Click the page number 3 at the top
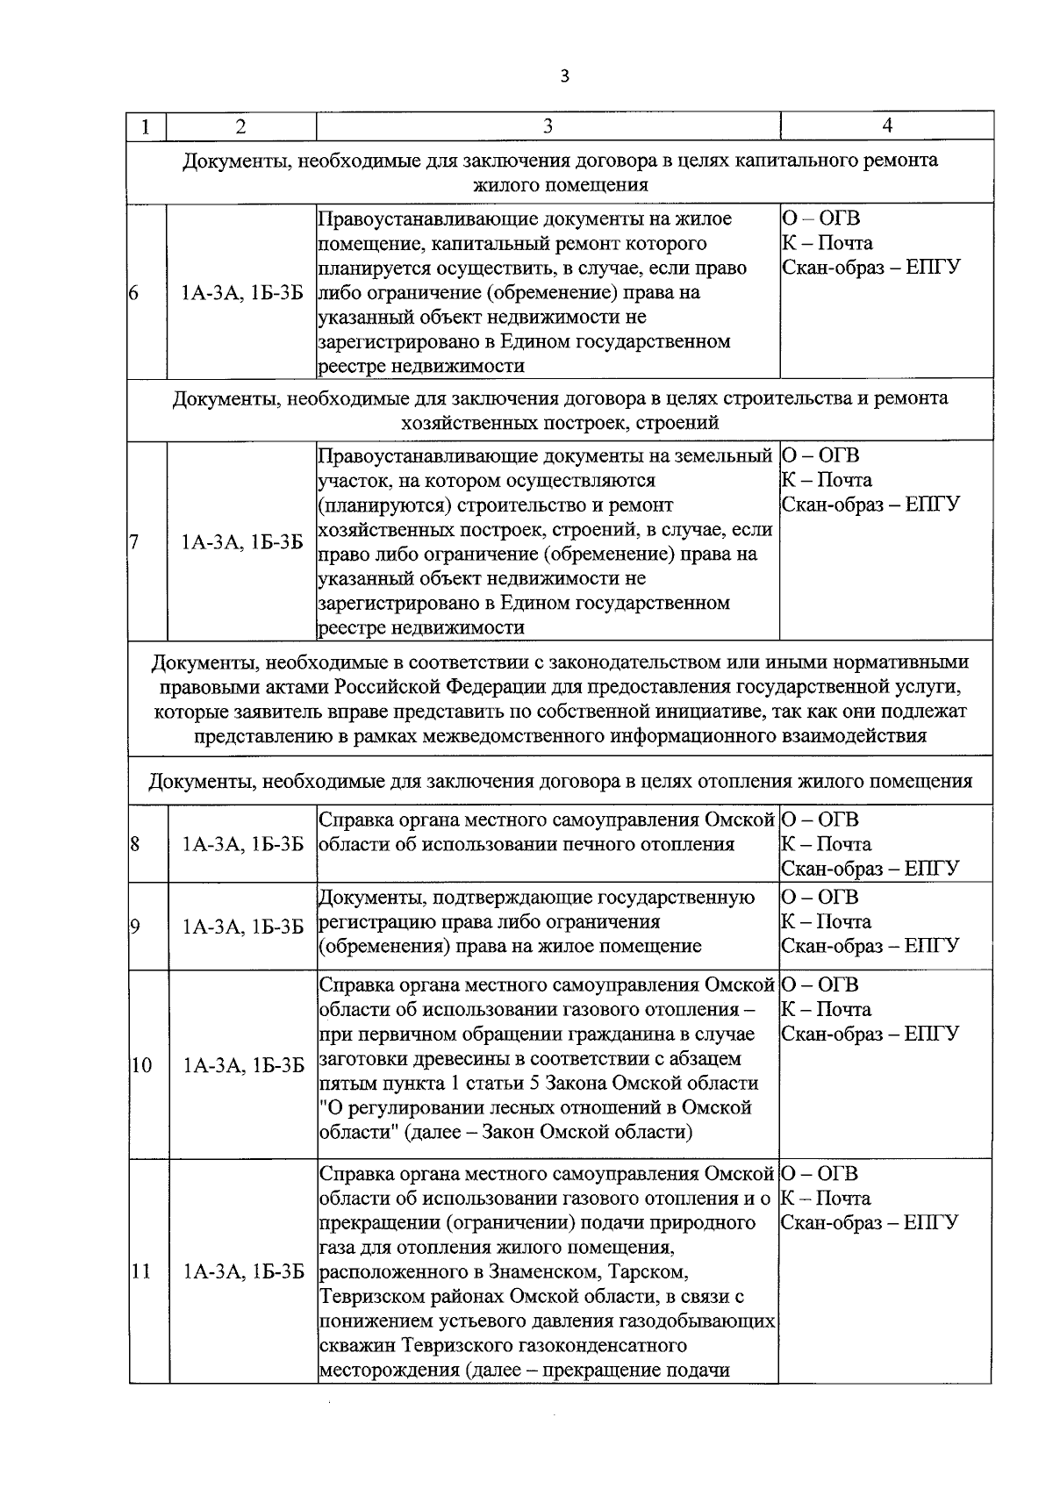pos(564,76)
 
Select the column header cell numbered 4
pos(886,125)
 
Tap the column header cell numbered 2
pos(240,126)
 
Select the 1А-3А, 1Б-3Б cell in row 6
pos(242,292)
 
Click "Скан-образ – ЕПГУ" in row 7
pos(870,505)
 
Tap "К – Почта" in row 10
pos(826,1009)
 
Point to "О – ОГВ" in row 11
pos(819,1174)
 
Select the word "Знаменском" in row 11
pos(488,1271)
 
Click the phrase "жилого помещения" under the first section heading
pos(560,185)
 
